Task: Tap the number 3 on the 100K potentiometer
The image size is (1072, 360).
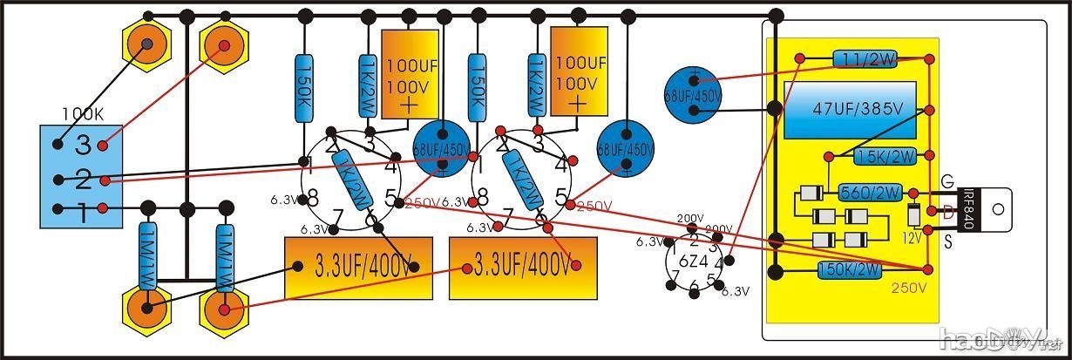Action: pos(83,144)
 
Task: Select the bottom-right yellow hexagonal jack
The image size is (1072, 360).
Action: pos(224,308)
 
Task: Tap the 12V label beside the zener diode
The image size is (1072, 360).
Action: pos(912,236)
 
